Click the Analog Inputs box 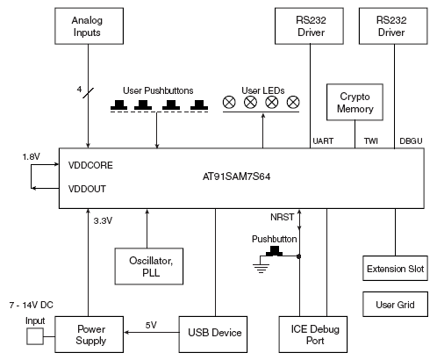[89, 26]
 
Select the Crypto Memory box [355, 102]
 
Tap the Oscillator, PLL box [149, 266]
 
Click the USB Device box [213, 335]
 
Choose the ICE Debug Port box [313, 335]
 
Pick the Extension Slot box [395, 269]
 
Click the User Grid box [395, 304]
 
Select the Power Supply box [89, 335]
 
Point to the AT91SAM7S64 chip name [236, 176]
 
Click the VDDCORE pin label [90, 165]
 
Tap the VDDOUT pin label [87, 189]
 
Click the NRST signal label [282, 217]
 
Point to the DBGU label [411, 141]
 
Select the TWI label [371, 141]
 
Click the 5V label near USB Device [151, 325]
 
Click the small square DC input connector [35, 336]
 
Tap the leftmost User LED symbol [229, 102]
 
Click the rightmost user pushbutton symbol [199, 104]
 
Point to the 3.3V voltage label [103, 220]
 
